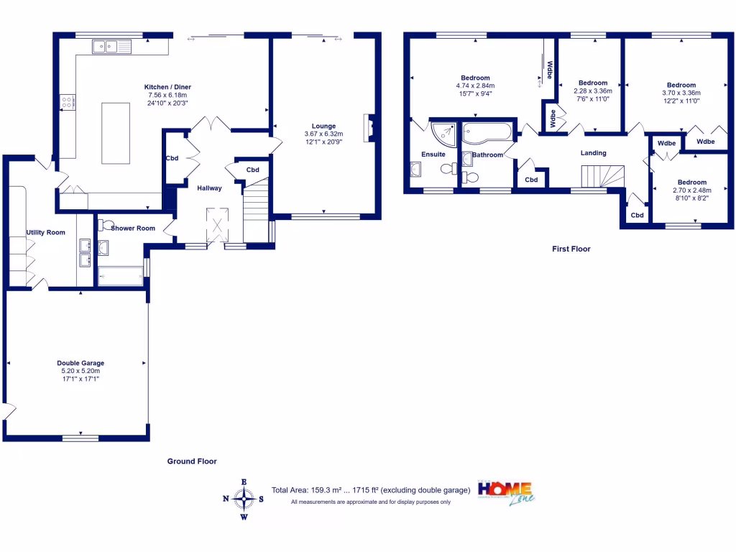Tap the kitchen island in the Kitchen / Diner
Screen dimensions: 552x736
point(116,134)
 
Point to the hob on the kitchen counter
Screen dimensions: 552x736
point(68,102)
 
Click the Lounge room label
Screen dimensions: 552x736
point(323,126)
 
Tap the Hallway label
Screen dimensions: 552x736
point(210,188)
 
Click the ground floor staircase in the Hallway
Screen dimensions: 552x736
point(255,212)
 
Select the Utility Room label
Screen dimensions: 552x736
point(46,232)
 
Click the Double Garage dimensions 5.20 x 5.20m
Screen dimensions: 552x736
point(80,371)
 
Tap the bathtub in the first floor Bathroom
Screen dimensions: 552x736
point(487,132)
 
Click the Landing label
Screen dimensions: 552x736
point(594,153)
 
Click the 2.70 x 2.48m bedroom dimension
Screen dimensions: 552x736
point(689,190)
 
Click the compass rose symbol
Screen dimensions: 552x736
point(244,497)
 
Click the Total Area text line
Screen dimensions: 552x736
point(371,490)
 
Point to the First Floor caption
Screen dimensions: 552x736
point(571,249)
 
